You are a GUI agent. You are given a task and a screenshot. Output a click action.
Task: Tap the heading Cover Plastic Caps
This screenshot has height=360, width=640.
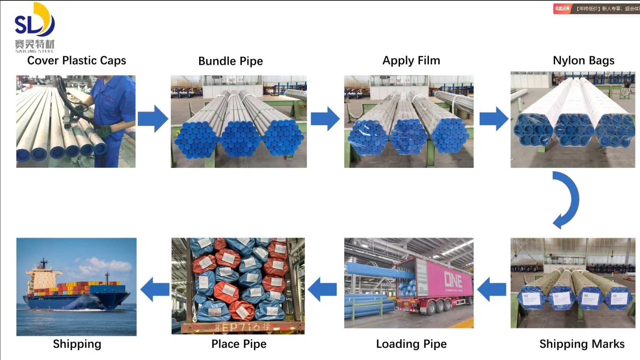coord(76,60)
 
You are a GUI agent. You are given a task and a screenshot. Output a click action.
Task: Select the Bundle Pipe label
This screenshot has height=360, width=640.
coord(231,61)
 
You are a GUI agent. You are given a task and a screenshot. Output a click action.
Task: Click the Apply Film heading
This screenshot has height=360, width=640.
coord(411,60)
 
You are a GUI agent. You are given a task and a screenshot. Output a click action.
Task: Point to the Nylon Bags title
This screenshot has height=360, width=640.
coord(583,60)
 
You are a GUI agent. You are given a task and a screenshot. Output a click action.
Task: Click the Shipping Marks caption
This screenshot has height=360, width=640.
coord(582,344)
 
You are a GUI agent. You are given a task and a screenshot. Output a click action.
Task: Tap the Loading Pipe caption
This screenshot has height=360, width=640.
coord(411,344)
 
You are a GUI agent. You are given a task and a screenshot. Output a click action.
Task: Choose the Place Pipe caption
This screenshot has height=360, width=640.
coord(239,344)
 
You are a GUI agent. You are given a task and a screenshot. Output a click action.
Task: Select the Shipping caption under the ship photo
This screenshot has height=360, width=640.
coord(77,344)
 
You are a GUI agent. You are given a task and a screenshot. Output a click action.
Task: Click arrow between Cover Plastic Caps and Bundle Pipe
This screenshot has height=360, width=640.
coord(153,119)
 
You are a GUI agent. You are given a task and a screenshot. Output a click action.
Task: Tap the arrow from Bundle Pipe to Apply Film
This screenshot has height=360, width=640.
coord(325,119)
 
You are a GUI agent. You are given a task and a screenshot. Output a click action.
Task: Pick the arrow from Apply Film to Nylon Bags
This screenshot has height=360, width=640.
coord(493,119)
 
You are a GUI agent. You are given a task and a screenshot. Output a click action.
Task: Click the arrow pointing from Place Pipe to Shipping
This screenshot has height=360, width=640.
coord(155,289)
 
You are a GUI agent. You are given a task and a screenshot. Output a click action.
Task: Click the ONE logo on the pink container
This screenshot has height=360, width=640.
coord(453,281)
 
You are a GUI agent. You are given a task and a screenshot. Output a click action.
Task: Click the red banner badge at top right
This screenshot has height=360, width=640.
coord(562,8)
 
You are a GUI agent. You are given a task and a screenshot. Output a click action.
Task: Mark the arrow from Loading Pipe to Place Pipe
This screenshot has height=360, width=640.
coord(322,289)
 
